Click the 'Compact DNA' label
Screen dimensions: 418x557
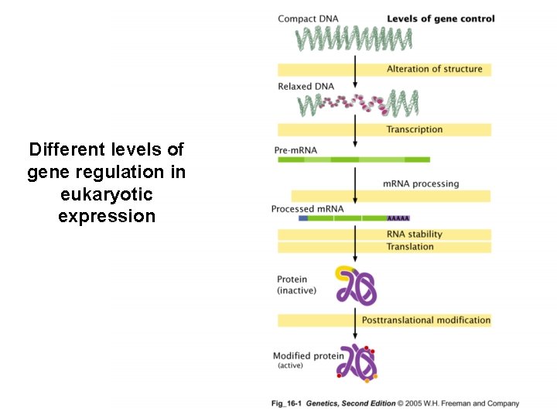307,19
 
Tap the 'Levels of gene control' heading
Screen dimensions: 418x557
440,19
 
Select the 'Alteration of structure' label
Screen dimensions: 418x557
434,69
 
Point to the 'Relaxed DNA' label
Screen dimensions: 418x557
306,87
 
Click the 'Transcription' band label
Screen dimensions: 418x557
415,129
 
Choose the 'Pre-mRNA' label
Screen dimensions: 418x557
296,150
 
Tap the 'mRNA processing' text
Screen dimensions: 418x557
421,183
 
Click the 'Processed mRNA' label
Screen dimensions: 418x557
307,209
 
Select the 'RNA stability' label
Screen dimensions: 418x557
415,234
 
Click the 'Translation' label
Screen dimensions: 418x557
410,247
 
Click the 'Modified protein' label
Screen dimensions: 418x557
302,356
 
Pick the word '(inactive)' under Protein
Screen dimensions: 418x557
296,291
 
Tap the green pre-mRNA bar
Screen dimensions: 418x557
353,159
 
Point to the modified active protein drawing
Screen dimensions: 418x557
357,362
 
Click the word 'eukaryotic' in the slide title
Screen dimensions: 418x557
107,194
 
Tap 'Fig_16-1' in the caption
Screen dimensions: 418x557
286,403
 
